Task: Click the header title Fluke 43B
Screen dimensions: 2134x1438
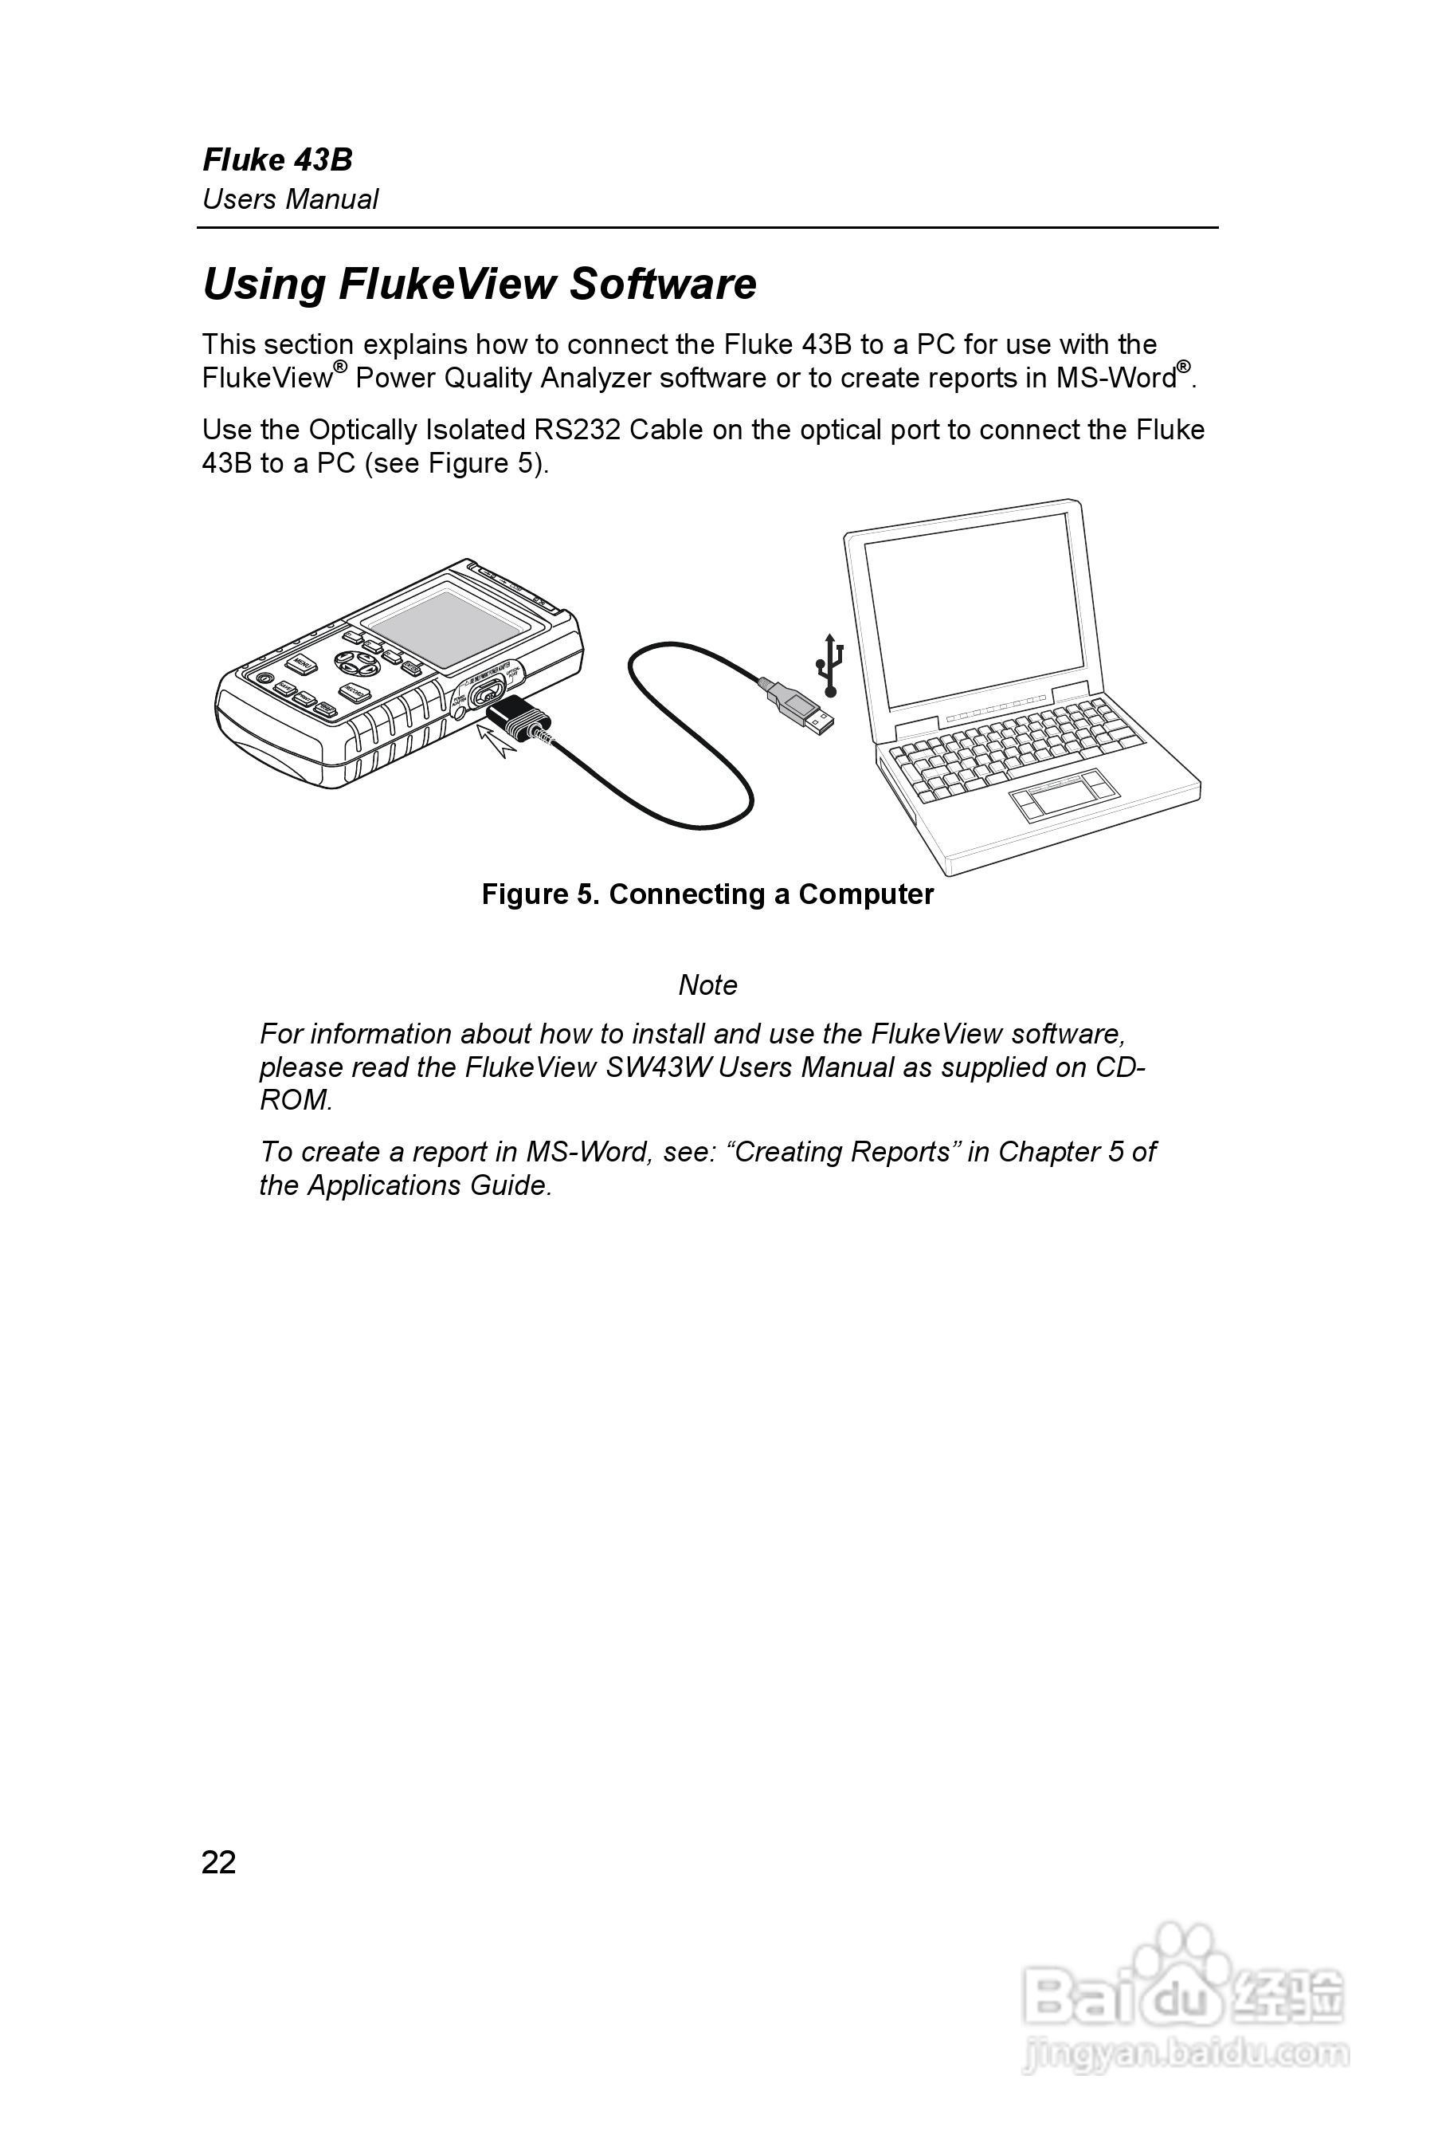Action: click(277, 159)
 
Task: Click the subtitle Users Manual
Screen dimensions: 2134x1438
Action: click(290, 199)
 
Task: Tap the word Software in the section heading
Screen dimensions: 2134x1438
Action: click(662, 284)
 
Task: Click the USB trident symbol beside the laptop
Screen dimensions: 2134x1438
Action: click(829, 664)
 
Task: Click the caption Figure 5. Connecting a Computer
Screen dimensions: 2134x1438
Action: click(707, 894)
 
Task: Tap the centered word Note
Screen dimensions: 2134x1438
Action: click(707, 984)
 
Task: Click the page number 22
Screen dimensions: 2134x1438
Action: click(218, 1861)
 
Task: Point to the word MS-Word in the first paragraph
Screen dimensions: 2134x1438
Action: click(1116, 378)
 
